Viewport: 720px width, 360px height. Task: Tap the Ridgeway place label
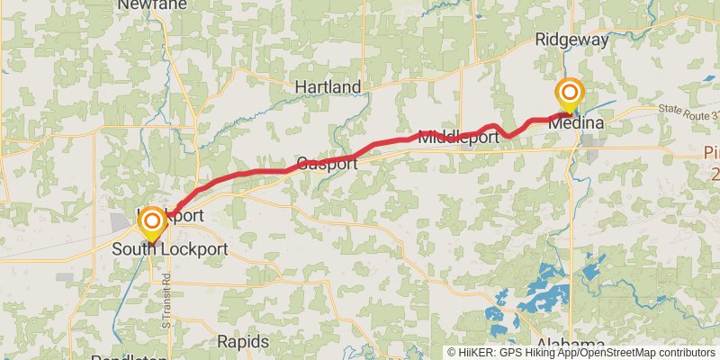(571, 40)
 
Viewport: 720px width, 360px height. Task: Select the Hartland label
(328, 87)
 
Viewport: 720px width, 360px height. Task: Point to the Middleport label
(458, 138)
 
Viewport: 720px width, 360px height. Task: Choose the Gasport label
(327, 164)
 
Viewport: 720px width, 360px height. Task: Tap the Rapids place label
(243, 342)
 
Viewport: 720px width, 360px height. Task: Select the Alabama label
(571, 346)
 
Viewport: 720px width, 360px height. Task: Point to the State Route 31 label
(688, 112)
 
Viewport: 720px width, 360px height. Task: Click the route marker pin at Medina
(569, 94)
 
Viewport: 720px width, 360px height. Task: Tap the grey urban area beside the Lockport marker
(121, 221)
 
